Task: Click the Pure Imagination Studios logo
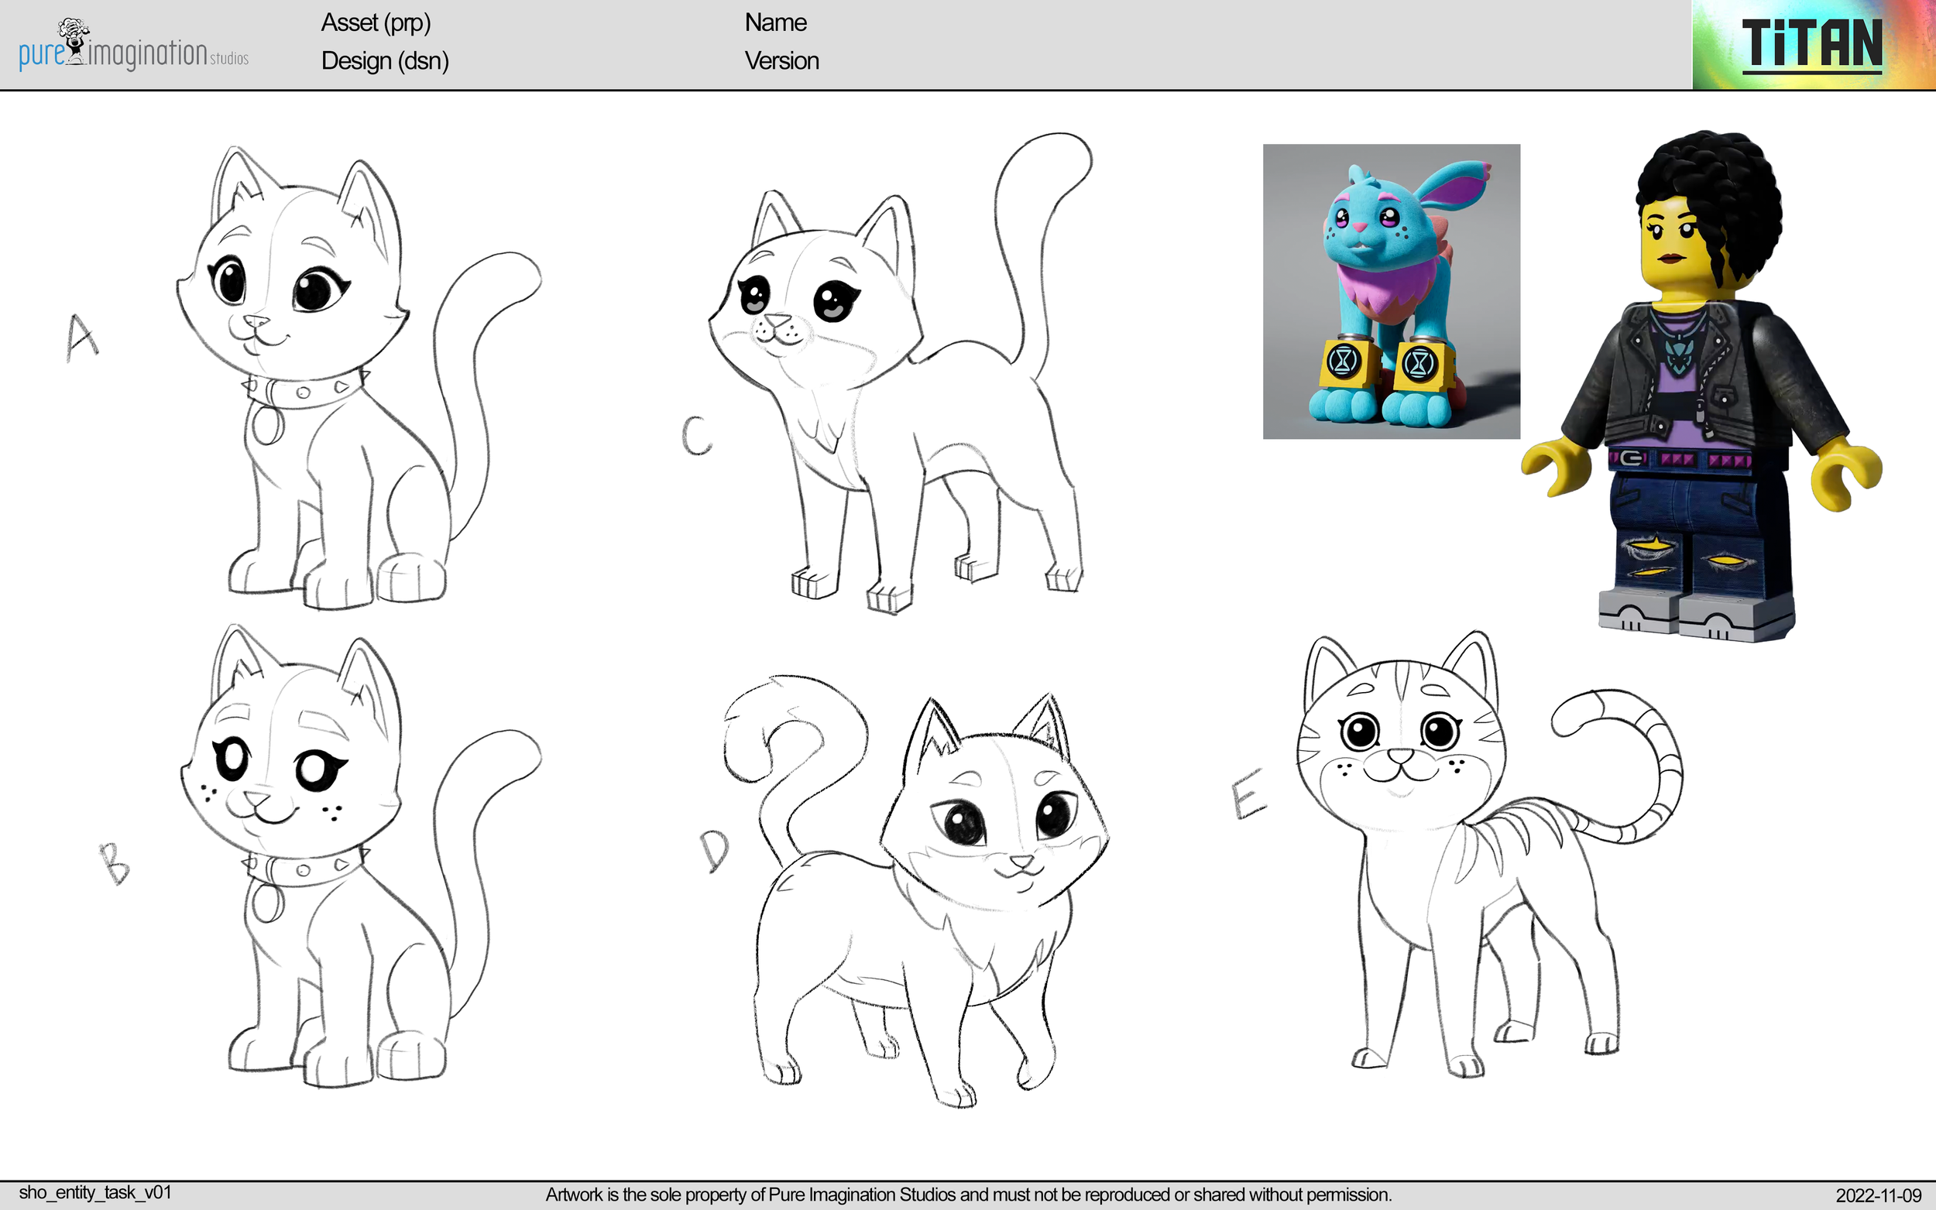coord(133,46)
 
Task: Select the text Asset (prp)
coord(376,22)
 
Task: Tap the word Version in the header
coord(781,61)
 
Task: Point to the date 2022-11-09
coord(1878,1195)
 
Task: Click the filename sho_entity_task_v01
coord(94,1192)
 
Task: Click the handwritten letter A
coord(81,337)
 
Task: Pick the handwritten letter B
coord(115,864)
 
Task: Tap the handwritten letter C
coord(696,436)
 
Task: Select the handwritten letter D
coord(715,850)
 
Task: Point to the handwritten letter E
coord(1247,794)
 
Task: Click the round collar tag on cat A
coord(266,423)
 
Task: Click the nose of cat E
coord(1401,755)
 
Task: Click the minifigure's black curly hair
coord(1713,184)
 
